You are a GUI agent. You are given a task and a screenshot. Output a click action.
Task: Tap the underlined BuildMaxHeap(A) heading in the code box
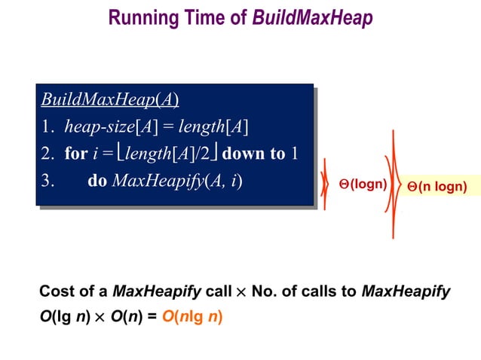click(x=109, y=99)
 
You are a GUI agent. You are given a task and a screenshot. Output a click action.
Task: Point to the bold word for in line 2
click(x=76, y=154)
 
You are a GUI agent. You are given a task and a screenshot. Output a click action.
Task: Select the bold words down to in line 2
click(x=254, y=154)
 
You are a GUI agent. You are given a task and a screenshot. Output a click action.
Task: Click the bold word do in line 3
click(x=97, y=182)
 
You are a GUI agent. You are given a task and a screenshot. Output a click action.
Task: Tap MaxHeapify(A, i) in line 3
click(x=177, y=182)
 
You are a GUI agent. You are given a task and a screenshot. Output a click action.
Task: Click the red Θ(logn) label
click(x=363, y=184)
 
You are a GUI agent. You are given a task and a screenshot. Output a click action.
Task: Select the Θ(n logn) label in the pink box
click(x=437, y=186)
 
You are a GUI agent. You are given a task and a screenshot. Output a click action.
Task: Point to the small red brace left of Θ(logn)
click(x=325, y=184)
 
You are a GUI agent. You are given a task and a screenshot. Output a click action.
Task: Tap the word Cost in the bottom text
click(x=56, y=291)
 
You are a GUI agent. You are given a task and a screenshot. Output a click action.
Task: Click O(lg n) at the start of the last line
click(x=63, y=316)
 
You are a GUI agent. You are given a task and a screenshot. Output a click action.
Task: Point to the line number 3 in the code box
click(x=46, y=182)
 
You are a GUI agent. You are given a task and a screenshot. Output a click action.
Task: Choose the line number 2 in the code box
click(x=46, y=154)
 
